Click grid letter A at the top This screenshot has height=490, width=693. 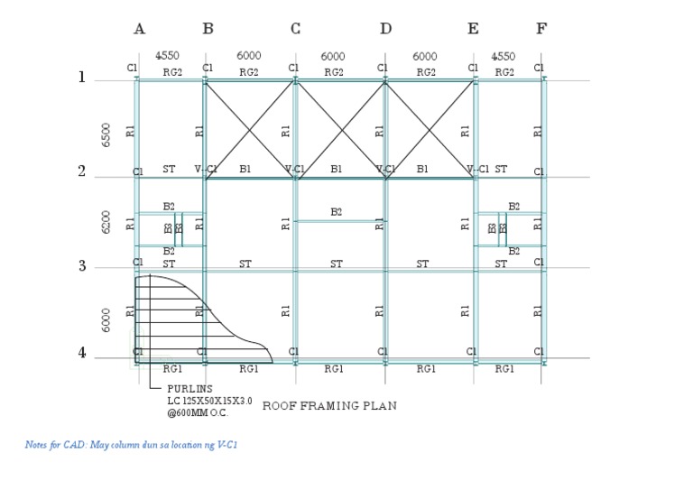click(x=139, y=29)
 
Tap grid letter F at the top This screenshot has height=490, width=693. click(x=541, y=29)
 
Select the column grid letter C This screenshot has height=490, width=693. click(x=295, y=29)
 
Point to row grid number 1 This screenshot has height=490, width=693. click(x=82, y=78)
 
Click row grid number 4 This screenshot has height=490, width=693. click(x=82, y=353)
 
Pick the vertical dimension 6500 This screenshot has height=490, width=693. click(x=106, y=133)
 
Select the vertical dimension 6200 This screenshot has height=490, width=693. click(x=106, y=221)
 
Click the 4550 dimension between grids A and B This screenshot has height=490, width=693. click(x=167, y=56)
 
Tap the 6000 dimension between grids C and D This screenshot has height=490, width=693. click(x=333, y=56)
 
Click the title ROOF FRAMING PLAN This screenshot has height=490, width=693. click(x=329, y=406)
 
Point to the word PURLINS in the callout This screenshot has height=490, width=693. click(x=189, y=389)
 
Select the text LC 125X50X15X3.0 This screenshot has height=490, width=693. click(x=209, y=401)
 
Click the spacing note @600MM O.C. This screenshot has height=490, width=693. click(x=197, y=412)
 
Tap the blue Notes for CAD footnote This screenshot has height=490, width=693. click(x=132, y=445)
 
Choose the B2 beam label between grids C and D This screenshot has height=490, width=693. click(x=336, y=212)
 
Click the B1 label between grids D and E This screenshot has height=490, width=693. click(x=422, y=169)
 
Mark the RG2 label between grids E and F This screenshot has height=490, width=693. click(x=504, y=72)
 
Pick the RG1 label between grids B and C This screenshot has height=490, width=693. click(x=249, y=368)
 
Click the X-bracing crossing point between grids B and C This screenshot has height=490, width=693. click(x=250, y=129)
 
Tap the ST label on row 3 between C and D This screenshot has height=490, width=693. click(x=336, y=264)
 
